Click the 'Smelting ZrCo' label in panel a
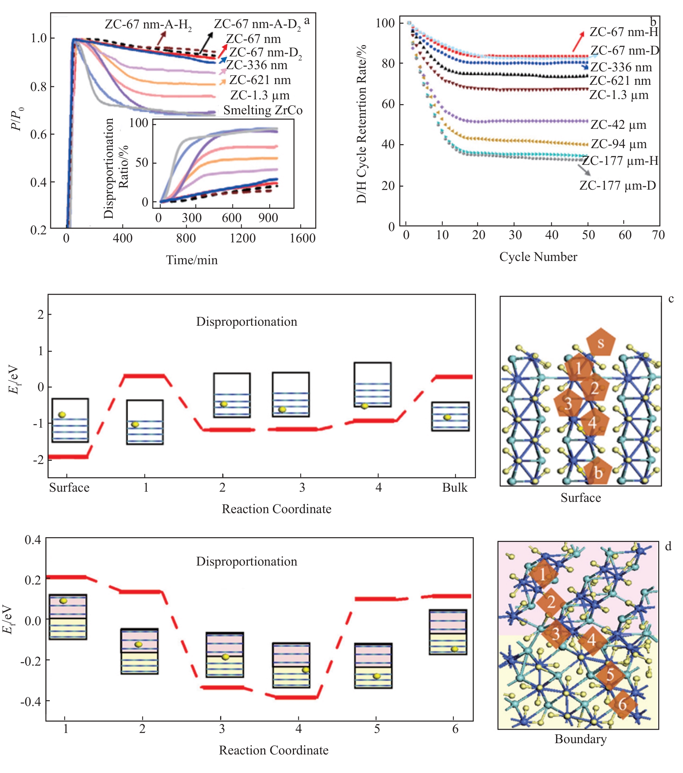point(263,110)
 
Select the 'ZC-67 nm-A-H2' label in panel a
point(148,25)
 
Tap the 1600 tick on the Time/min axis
point(302,238)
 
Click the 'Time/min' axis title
point(192,260)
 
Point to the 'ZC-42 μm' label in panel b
point(618,125)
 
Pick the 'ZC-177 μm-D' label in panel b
point(618,186)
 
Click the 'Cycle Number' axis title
point(538,257)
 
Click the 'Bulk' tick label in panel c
point(454,488)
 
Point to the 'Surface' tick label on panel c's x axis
point(69,488)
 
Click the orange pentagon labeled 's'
point(600,342)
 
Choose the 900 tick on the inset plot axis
point(268,218)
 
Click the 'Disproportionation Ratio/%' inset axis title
point(116,168)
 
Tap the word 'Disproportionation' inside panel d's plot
point(247,562)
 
